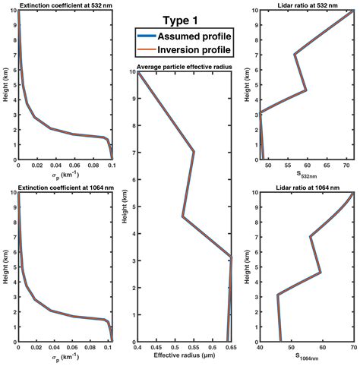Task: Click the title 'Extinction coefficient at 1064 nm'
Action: (64, 187)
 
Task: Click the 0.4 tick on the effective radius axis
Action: (137, 347)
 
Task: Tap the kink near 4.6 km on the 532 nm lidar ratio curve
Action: (306, 90)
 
